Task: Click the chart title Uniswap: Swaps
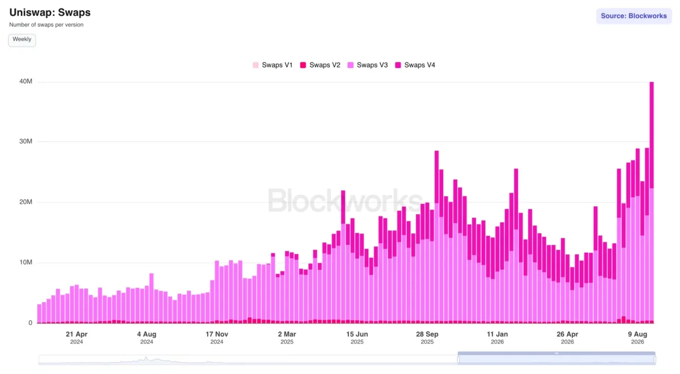click(x=50, y=12)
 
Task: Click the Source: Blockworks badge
click(x=634, y=16)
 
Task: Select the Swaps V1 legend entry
click(x=273, y=65)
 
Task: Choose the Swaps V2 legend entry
click(x=320, y=65)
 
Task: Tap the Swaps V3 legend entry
click(x=368, y=65)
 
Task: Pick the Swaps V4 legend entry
click(x=415, y=65)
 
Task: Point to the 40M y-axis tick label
click(x=25, y=82)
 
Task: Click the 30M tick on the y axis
click(x=25, y=141)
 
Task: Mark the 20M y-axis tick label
click(x=25, y=202)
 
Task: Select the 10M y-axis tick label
click(x=25, y=262)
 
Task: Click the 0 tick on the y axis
click(x=31, y=322)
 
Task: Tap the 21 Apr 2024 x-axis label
click(x=76, y=338)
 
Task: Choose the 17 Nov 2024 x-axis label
click(x=216, y=338)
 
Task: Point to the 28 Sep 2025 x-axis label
click(x=427, y=338)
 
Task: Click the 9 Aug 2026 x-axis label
click(x=637, y=338)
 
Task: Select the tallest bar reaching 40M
click(x=652, y=202)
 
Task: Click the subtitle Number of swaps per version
click(x=46, y=24)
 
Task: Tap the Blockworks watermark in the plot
click(x=345, y=201)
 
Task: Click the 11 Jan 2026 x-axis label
click(x=498, y=338)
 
